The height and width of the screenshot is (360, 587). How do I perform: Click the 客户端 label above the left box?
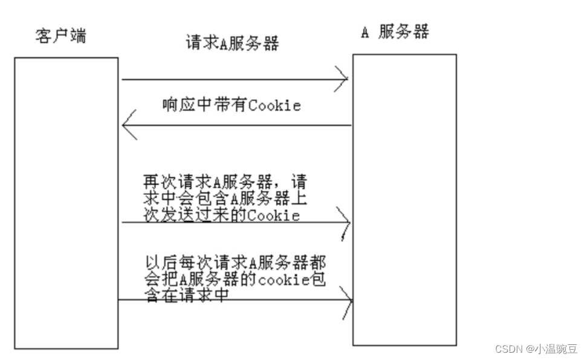(60, 36)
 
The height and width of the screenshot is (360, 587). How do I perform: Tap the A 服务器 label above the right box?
(395, 33)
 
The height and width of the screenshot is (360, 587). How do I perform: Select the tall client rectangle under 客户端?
(66, 203)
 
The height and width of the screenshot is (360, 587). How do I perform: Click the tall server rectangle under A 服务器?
(404, 199)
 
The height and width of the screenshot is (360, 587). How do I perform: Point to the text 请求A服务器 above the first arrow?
(232, 44)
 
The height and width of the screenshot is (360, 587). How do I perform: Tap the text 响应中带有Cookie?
(232, 105)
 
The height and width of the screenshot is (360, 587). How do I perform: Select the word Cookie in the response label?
(275, 105)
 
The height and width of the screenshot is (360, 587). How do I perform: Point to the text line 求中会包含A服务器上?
(225, 198)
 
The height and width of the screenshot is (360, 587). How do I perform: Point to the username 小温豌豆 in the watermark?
(554, 349)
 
